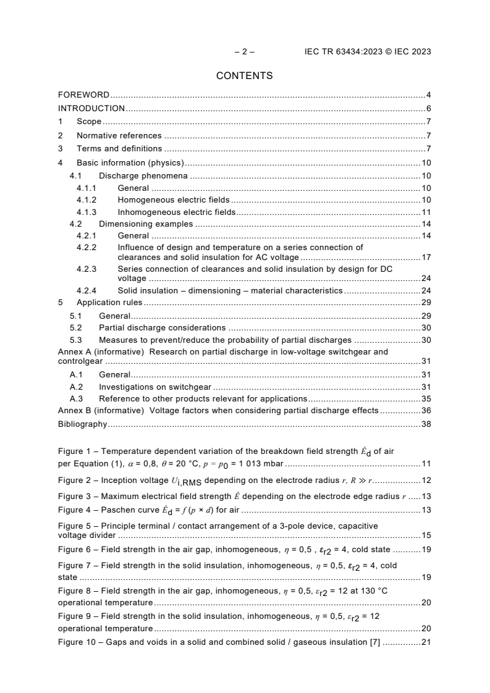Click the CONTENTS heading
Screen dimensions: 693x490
pyautogui.click(x=245, y=76)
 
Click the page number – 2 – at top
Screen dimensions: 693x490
pyautogui.click(x=245, y=52)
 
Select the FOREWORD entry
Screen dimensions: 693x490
pyautogui.click(x=83, y=95)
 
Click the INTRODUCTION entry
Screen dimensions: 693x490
pyautogui.click(x=91, y=109)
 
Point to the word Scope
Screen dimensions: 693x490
pyautogui.click(x=89, y=122)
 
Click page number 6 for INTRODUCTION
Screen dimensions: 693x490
pyautogui.click(x=428, y=109)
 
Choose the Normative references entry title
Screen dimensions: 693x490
pyautogui.click(x=119, y=136)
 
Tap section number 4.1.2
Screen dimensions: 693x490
pyautogui.click(x=87, y=200)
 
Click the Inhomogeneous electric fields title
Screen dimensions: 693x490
pyautogui.click(x=177, y=212)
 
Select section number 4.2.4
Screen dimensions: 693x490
pyautogui.click(x=87, y=290)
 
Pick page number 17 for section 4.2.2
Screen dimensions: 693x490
pyautogui.click(x=426, y=258)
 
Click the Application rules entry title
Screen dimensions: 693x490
pyautogui.click(x=109, y=303)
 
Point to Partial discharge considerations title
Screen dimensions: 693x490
pyautogui.click(x=162, y=328)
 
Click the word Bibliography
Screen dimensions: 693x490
pyautogui.click(x=82, y=424)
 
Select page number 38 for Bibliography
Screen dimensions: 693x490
pyautogui.click(x=426, y=424)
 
